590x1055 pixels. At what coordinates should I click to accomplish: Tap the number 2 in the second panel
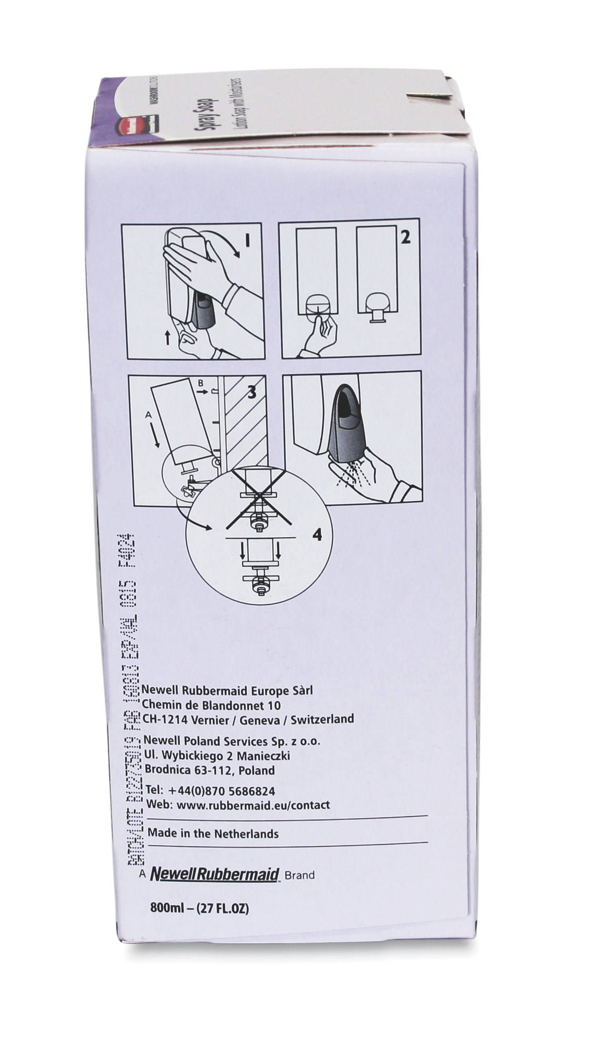tap(406, 238)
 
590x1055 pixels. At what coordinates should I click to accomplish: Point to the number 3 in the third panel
tap(251, 393)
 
